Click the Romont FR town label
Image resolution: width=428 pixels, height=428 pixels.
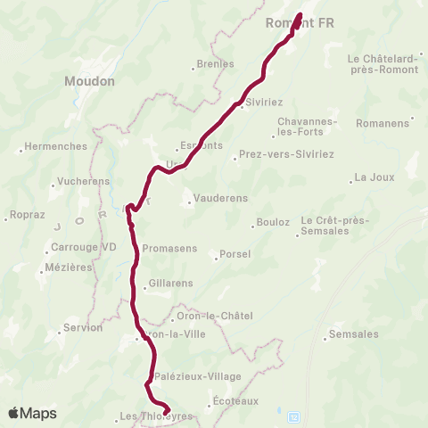(x=300, y=23)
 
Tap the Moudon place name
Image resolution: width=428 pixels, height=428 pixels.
(x=89, y=80)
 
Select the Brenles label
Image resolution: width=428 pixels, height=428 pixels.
(x=216, y=64)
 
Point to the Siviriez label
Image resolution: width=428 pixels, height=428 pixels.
(x=265, y=103)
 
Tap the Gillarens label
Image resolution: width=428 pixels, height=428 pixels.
(x=171, y=284)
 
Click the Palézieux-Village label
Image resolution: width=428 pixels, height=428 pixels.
(x=197, y=376)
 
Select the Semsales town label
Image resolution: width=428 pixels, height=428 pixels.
(x=354, y=334)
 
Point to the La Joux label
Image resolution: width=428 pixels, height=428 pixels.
(x=374, y=177)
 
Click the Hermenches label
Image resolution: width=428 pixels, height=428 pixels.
(x=56, y=146)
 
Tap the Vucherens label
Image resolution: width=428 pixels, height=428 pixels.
(x=84, y=181)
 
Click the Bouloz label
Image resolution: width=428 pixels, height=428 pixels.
(x=273, y=221)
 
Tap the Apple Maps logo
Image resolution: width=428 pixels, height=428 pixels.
(x=32, y=413)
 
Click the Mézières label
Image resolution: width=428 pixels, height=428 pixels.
(x=68, y=267)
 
